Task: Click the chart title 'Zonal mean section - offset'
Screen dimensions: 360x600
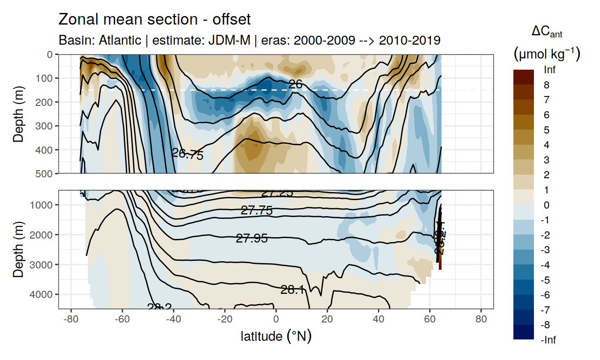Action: pyautogui.click(x=154, y=20)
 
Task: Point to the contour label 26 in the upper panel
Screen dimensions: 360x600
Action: pyautogui.click(x=296, y=84)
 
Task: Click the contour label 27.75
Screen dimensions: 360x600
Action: pyautogui.click(x=257, y=210)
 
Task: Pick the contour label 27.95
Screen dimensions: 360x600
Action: pyautogui.click(x=252, y=239)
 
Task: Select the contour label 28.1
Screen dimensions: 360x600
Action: pyautogui.click(x=293, y=290)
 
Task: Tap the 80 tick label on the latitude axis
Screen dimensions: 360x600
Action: pyautogui.click(x=481, y=320)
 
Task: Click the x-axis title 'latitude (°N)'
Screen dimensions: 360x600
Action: pyautogui.click(x=276, y=336)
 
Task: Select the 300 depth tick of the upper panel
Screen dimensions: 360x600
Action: pyautogui.click(x=44, y=126)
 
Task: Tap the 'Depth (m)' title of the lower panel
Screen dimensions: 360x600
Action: pyautogui.click(x=18, y=249)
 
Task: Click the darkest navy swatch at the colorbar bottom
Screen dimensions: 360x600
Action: pyautogui.click(x=524, y=332)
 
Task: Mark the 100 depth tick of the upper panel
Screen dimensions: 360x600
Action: pyautogui.click(x=44, y=78)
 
